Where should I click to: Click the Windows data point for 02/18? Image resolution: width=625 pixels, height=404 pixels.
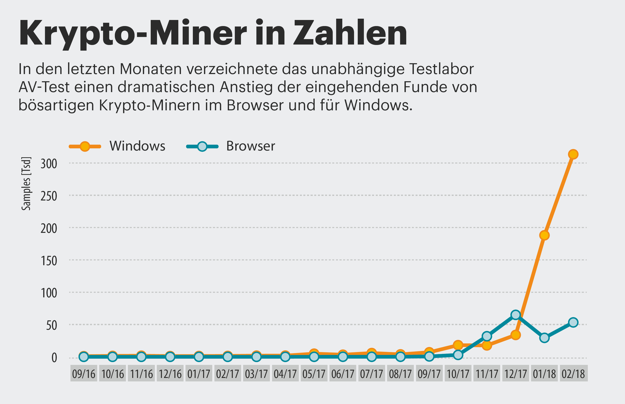click(573, 154)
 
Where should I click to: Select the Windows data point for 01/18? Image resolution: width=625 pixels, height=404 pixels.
click(544, 235)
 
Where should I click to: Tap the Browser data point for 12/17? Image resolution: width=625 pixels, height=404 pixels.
click(515, 315)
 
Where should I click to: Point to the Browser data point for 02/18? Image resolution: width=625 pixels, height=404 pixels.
click(573, 322)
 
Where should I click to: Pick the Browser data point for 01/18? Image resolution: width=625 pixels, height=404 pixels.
click(544, 338)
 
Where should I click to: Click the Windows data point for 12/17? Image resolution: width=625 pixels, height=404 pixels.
click(515, 335)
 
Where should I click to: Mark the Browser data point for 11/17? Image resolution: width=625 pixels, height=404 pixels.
click(486, 336)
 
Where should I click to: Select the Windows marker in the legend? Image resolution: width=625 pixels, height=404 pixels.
click(85, 146)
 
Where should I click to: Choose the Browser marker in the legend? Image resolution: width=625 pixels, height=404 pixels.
click(202, 146)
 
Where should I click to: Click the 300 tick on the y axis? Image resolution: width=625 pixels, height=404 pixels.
click(49, 164)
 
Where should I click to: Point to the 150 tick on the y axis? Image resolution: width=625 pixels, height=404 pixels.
click(49, 261)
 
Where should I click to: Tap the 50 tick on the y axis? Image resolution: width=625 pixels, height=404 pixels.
click(52, 326)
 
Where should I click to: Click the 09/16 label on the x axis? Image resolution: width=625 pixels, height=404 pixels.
click(83, 374)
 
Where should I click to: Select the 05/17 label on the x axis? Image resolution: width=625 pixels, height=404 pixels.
click(314, 374)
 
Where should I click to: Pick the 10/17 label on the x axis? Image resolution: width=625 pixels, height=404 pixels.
click(458, 374)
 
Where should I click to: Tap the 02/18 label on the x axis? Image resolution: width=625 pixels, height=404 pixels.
click(573, 374)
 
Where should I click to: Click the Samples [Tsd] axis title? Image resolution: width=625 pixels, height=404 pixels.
click(26, 184)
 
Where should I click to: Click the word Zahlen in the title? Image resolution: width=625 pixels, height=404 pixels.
click(350, 33)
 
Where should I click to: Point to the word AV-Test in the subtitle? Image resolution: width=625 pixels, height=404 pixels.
click(44, 87)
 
